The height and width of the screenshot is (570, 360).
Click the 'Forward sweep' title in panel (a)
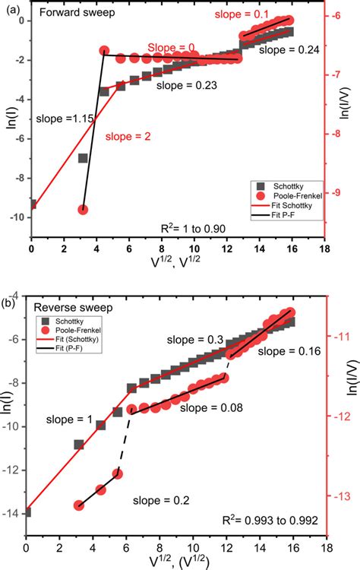pos(68,14)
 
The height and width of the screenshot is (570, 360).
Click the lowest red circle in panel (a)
pos(84,210)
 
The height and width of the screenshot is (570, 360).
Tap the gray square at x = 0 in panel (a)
pos(31,204)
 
